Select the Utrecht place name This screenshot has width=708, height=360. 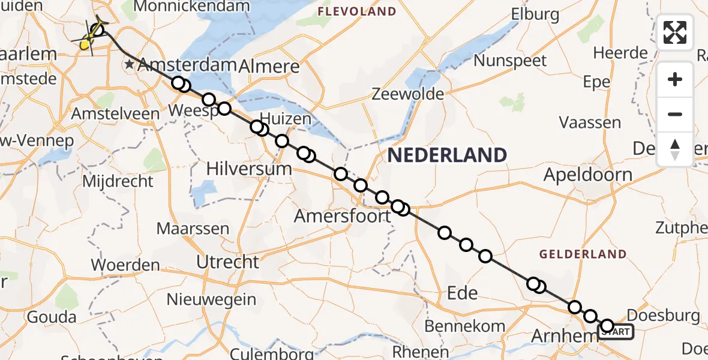(x=229, y=262)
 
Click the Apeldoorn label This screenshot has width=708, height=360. (x=587, y=175)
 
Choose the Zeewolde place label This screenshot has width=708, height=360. (x=407, y=94)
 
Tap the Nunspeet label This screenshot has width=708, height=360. (x=510, y=61)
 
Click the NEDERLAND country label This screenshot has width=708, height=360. (x=447, y=155)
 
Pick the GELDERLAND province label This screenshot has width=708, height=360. (x=583, y=254)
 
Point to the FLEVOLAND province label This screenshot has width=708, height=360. (x=357, y=11)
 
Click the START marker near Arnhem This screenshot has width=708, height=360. (x=618, y=331)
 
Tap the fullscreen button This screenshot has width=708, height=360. (x=675, y=32)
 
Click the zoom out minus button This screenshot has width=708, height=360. (x=675, y=114)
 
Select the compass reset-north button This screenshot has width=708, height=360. (x=675, y=149)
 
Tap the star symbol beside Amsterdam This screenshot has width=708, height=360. (x=129, y=64)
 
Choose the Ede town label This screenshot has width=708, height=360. (x=463, y=293)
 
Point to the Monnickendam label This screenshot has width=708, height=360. (x=191, y=7)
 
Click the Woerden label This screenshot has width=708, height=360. (x=125, y=265)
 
